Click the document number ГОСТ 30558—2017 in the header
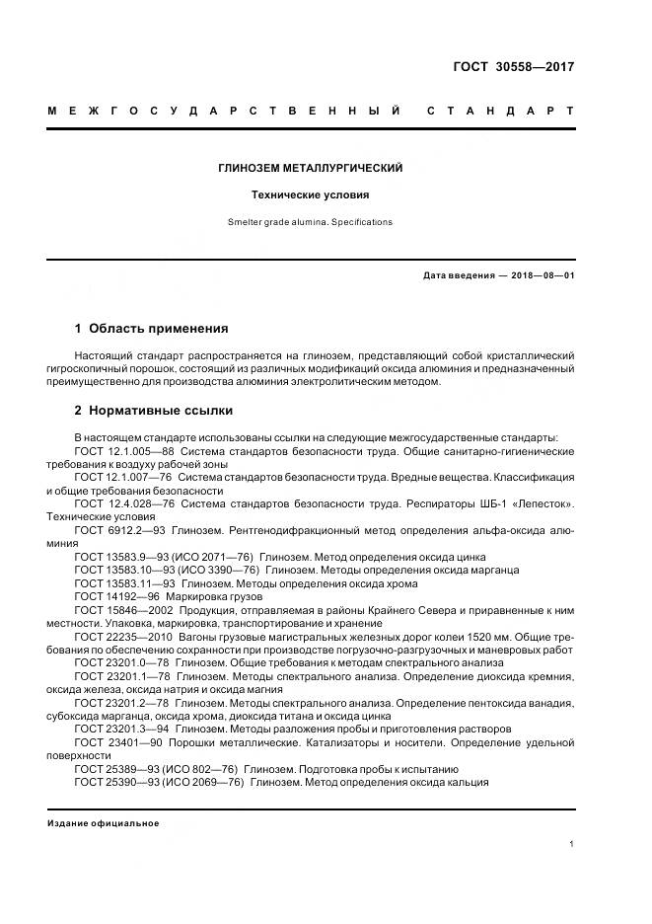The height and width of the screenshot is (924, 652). [x=512, y=67]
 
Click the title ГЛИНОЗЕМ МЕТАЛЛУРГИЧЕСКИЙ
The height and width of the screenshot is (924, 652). [x=310, y=169]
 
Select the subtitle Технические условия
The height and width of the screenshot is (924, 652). [x=310, y=195]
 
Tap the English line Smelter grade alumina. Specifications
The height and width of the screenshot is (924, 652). [x=310, y=222]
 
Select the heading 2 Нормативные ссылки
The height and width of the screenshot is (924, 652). [x=154, y=411]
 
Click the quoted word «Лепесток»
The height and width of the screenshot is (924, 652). [x=541, y=503]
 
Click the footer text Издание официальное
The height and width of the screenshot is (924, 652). [x=103, y=822]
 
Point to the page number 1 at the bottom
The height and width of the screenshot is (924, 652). [x=571, y=844]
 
